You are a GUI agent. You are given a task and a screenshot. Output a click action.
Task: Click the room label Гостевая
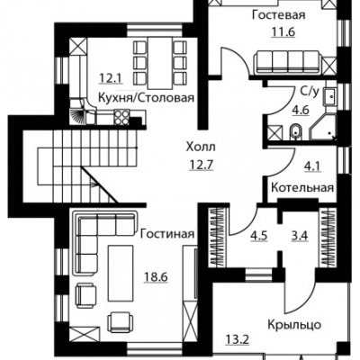[278, 15]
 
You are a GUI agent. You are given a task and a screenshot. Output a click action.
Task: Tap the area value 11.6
[283, 31]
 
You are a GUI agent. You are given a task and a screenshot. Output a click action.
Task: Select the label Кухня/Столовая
[147, 98]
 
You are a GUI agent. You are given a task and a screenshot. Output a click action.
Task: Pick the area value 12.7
[201, 164]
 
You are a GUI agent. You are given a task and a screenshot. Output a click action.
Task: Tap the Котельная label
[302, 188]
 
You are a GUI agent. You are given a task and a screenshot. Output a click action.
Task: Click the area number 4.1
[313, 166]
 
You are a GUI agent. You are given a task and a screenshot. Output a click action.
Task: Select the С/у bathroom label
[309, 92]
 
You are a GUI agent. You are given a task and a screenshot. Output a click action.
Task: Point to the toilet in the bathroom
[296, 132]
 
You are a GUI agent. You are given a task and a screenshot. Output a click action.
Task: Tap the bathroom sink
[330, 96]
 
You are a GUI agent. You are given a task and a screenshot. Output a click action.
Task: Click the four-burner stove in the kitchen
[121, 117]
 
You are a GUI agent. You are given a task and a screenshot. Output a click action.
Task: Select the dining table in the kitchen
[159, 63]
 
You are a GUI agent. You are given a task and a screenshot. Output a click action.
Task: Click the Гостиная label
[167, 234]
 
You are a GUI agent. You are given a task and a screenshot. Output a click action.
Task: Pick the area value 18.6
[156, 276]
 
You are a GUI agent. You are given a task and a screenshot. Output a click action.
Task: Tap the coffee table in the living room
[121, 273]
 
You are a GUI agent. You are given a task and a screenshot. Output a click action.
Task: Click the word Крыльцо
[294, 325]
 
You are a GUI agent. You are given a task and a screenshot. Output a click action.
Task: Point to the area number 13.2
[237, 340]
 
